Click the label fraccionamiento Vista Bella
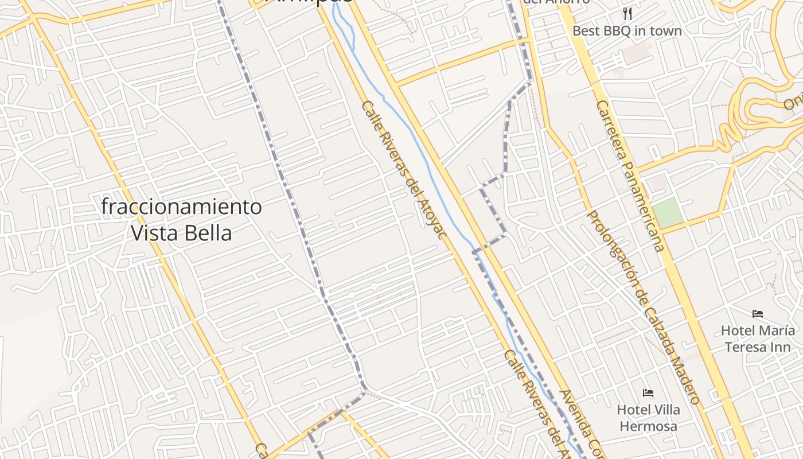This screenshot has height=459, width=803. pos(181,219)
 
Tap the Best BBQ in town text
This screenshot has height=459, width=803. pos(627,31)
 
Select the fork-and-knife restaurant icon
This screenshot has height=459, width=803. pos(627,14)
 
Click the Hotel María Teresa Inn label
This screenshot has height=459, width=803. pos(758,339)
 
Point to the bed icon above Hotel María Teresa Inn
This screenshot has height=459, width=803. pos(758,314)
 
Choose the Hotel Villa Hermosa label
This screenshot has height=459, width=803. pos(648,418)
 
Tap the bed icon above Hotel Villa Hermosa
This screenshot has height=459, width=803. pos(648,393)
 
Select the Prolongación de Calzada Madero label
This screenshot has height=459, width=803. pos(642,307)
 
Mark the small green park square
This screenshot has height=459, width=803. pos(668,213)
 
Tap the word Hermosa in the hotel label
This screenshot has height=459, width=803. pos(648,426)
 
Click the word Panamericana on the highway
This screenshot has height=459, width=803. pos(642,207)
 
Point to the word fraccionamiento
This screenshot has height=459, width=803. pos(181,207)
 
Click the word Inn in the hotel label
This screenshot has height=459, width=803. pos(782,347)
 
